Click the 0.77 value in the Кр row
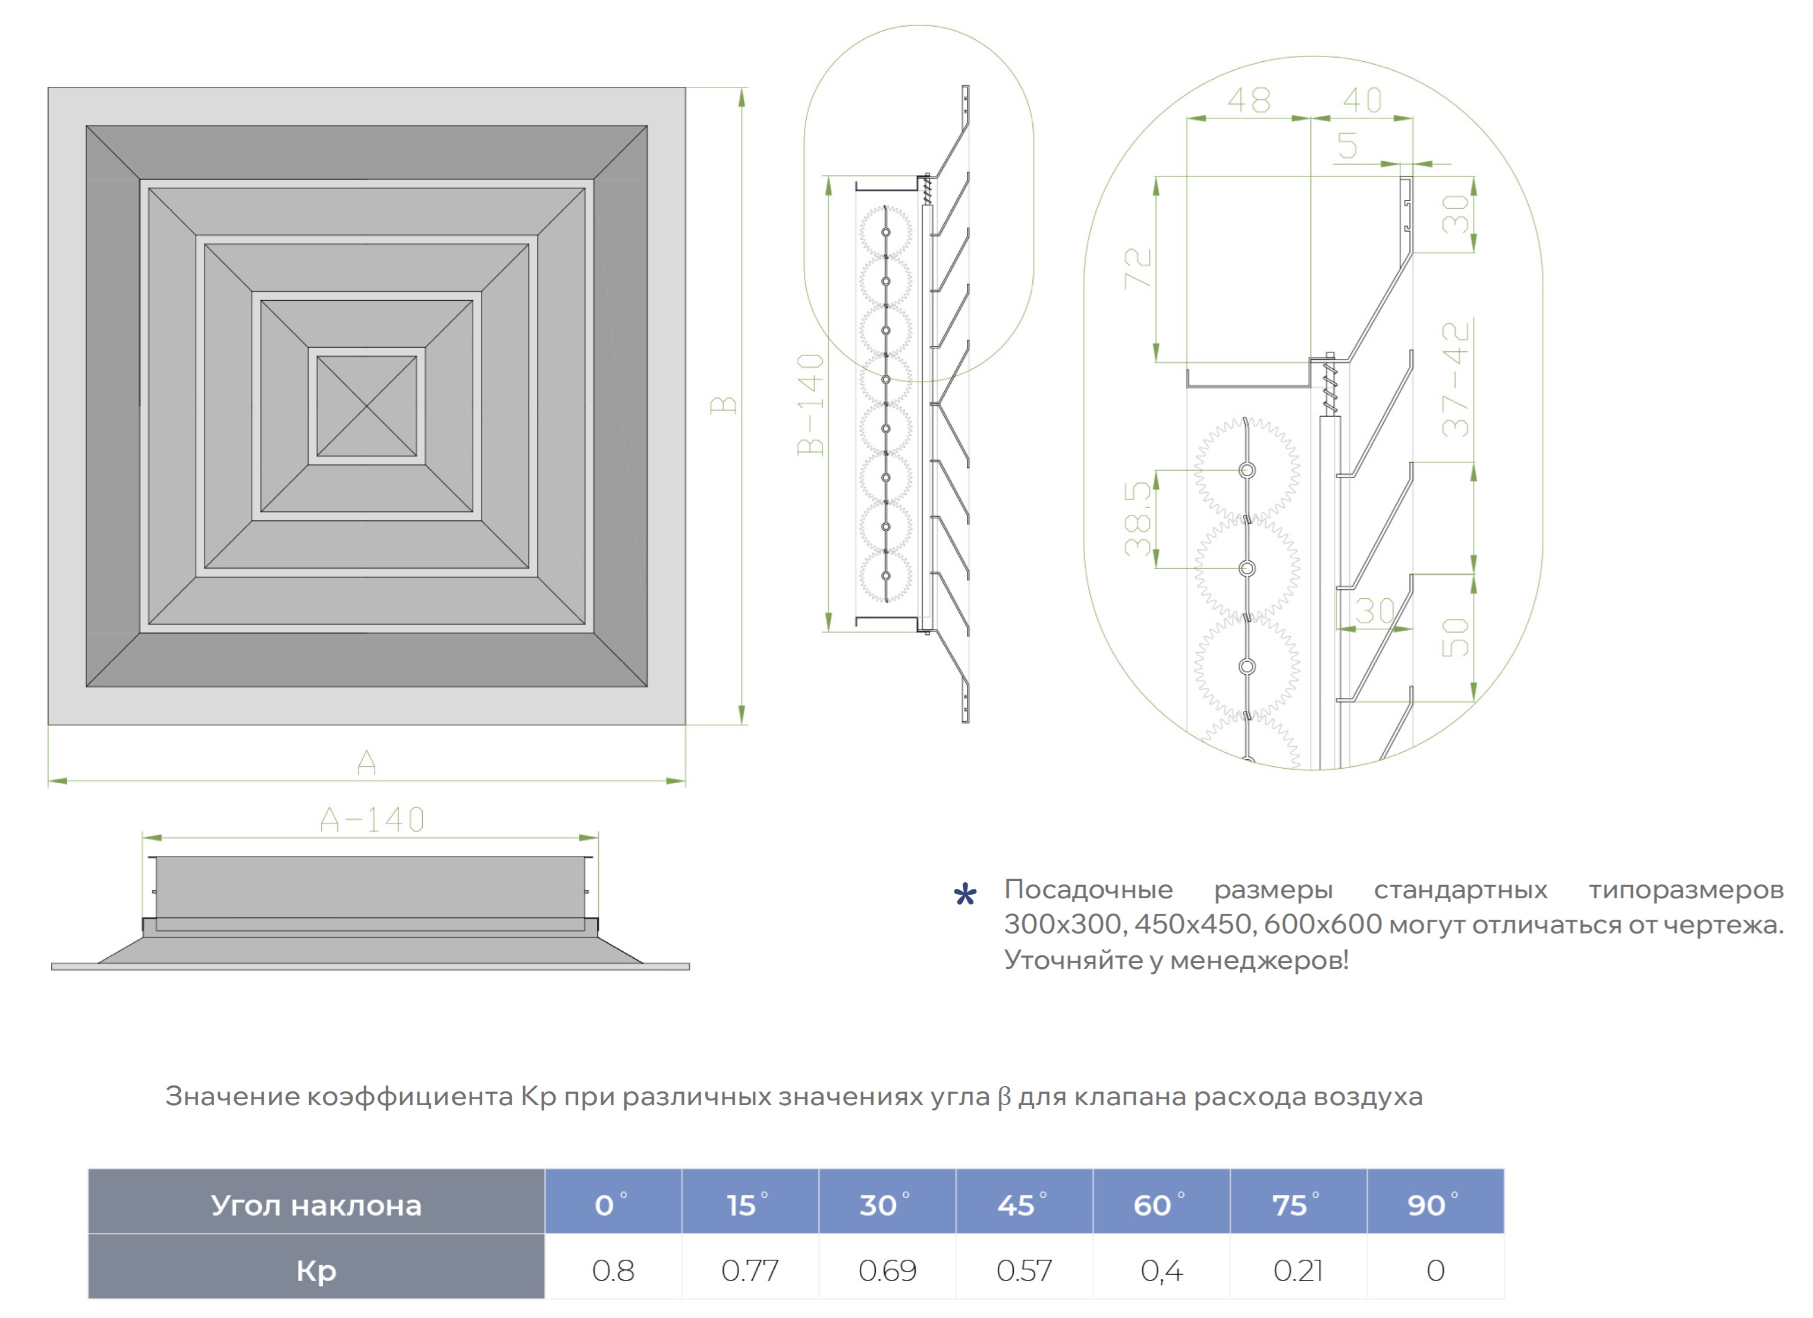749,1271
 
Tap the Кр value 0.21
1297,1271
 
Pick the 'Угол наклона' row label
316,1204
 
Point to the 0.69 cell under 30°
887,1271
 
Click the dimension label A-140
372,820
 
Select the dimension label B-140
810,404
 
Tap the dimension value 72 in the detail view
1138,269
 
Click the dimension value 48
1249,100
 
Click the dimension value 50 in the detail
1456,637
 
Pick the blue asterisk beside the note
965,895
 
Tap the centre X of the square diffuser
367,407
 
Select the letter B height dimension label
724,405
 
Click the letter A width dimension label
367,763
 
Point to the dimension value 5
1348,146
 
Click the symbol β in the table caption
1004,1097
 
